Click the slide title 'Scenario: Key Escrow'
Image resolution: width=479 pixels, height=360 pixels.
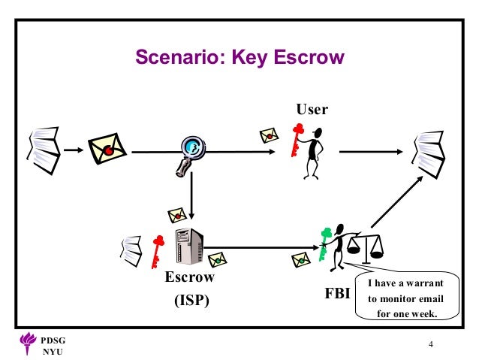click(239, 57)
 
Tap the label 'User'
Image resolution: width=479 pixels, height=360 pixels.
click(312, 109)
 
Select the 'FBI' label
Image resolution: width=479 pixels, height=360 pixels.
click(338, 293)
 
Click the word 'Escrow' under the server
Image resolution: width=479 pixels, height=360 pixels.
click(189, 277)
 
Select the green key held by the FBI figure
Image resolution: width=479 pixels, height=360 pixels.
click(324, 243)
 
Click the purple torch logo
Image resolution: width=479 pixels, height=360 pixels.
click(26, 343)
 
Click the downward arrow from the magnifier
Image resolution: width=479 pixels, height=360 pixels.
click(192, 195)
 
